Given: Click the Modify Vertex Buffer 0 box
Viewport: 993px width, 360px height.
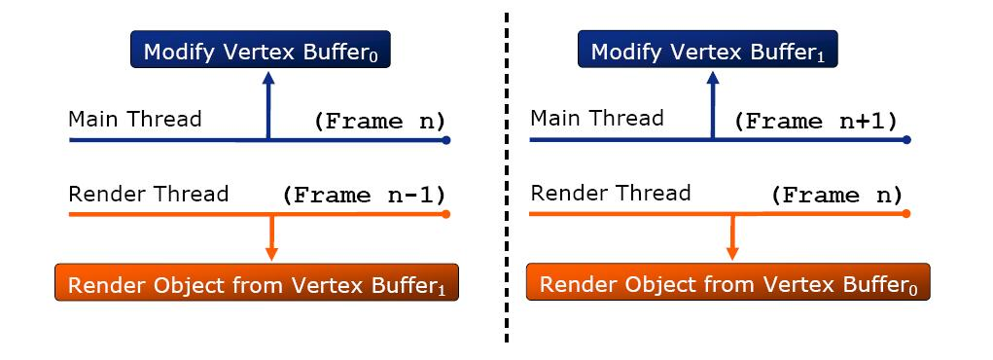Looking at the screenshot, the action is [x=261, y=49].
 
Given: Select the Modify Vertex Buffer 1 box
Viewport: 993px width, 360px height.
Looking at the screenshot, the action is [x=707, y=49].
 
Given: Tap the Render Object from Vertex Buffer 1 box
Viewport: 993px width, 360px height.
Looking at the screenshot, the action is [x=257, y=282].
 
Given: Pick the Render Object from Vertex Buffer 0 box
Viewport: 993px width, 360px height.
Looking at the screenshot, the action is [x=728, y=282].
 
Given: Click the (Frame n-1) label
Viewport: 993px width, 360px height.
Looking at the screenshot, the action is [x=364, y=196].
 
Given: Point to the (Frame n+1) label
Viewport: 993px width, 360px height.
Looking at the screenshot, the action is [x=816, y=121].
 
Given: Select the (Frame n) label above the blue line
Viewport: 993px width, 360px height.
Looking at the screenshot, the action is [x=379, y=121].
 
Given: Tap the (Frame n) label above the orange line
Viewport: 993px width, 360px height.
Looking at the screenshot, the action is [x=836, y=196].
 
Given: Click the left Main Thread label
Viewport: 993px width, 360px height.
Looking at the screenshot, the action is [x=135, y=119].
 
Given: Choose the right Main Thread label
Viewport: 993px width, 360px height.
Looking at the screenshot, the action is [x=597, y=118].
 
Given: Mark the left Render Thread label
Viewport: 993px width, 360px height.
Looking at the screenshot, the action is [x=148, y=194].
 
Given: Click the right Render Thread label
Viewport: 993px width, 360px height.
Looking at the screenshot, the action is [x=611, y=193].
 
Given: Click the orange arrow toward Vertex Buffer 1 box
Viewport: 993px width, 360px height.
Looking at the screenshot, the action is [x=271, y=237].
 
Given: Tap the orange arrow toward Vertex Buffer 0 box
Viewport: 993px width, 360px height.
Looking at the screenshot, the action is [x=732, y=237].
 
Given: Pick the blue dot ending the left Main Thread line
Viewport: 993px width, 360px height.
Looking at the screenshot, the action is [x=445, y=140].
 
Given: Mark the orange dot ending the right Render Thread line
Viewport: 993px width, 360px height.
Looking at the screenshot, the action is [x=906, y=214].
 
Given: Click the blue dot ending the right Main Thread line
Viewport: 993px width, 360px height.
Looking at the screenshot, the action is [x=906, y=139].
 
